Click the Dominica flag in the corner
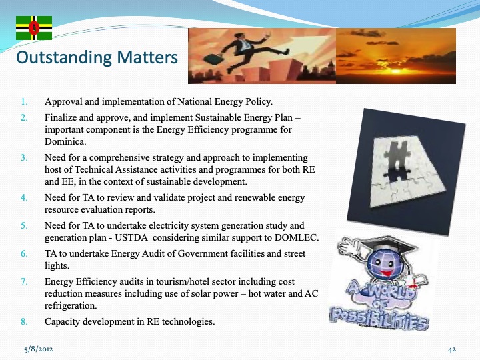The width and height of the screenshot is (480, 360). point(33,27)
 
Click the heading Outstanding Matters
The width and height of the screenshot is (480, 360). point(97,58)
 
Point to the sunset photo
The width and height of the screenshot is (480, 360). point(395,55)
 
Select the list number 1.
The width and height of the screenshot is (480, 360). point(24,103)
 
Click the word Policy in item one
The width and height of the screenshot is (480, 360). point(257,103)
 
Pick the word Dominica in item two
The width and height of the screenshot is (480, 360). point(69,142)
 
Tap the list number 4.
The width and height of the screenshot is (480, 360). point(24,198)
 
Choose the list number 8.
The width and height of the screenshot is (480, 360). point(24,322)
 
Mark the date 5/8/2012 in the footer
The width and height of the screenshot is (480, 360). point(40,349)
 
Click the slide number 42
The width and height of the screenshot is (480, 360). point(451,349)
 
